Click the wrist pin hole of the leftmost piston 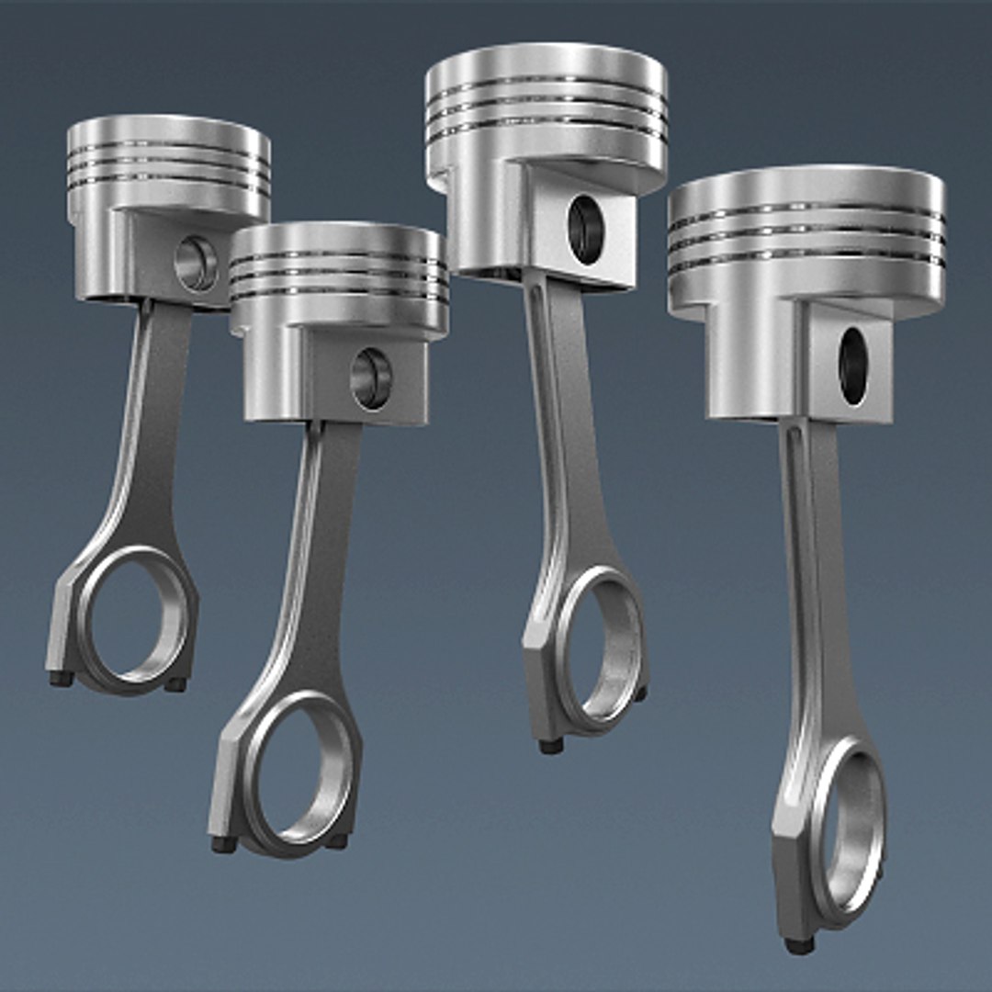196,264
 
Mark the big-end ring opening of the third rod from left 597,647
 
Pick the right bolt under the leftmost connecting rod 175,684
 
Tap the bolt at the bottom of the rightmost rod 799,944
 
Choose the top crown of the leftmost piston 168,125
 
